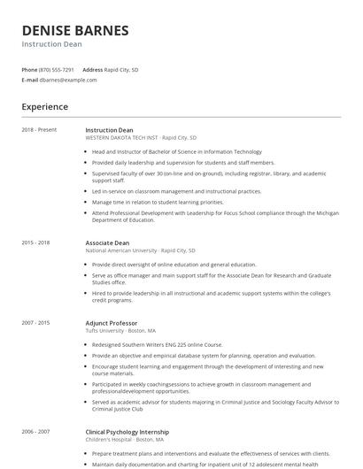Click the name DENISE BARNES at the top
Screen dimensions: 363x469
75,30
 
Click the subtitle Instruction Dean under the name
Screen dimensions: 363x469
52,44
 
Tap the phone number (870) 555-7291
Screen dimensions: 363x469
57,69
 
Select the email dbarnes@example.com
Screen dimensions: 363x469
68,80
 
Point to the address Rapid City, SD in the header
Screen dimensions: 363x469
121,69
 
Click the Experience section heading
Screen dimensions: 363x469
45,107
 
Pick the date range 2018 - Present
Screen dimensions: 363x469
39,130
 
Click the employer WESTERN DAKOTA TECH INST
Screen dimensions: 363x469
122,138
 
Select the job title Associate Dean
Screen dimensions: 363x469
107,242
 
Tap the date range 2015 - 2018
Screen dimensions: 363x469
35,242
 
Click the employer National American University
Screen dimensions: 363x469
120,250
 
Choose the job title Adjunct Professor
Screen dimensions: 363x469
112,323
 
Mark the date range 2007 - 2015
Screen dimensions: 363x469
35,323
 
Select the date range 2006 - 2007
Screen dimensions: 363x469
35,432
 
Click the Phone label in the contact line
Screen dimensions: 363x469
29,69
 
